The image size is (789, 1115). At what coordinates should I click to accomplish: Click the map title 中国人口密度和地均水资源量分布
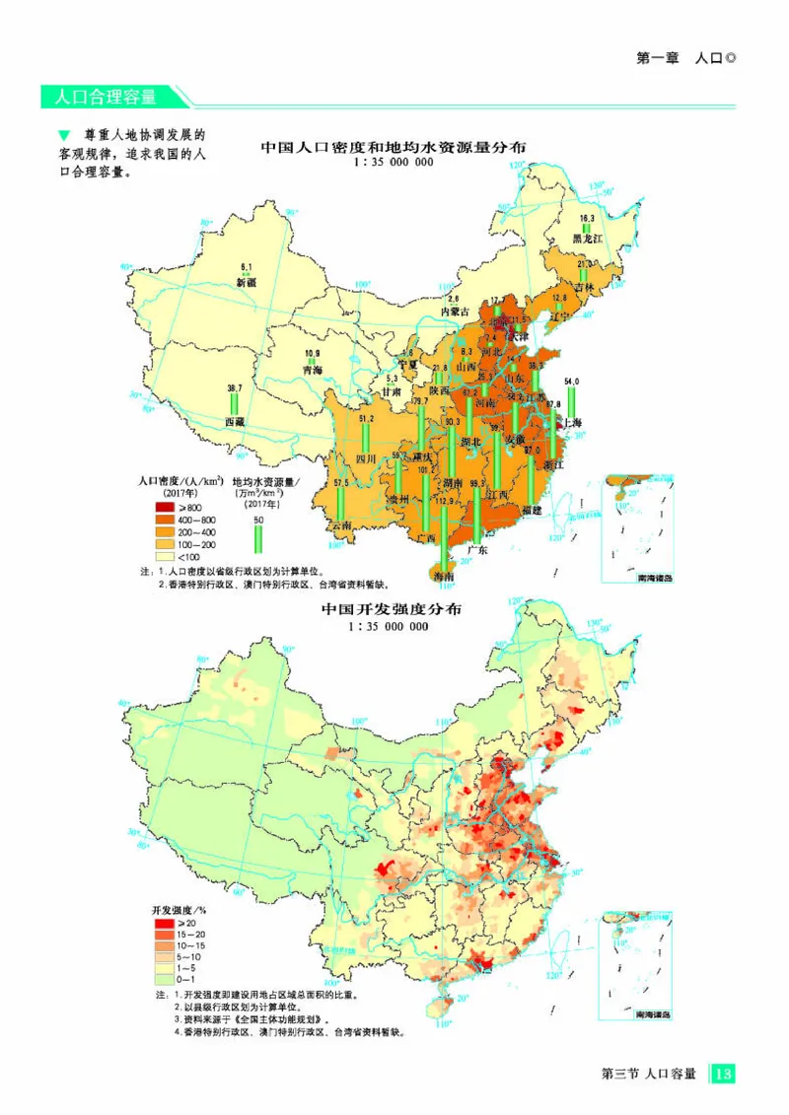point(393,147)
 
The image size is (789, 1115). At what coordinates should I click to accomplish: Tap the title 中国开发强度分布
point(393,610)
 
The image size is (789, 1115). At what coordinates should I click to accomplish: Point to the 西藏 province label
point(234,422)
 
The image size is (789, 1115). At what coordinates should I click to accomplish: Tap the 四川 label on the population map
point(366,458)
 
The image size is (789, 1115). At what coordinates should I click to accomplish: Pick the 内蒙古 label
point(455,312)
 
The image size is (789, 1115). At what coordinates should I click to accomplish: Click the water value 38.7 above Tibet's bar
point(235,388)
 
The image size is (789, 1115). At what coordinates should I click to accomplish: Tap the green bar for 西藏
point(235,404)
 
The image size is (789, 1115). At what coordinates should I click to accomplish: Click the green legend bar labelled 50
point(258,538)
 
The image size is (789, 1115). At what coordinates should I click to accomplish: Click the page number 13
point(722,1073)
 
